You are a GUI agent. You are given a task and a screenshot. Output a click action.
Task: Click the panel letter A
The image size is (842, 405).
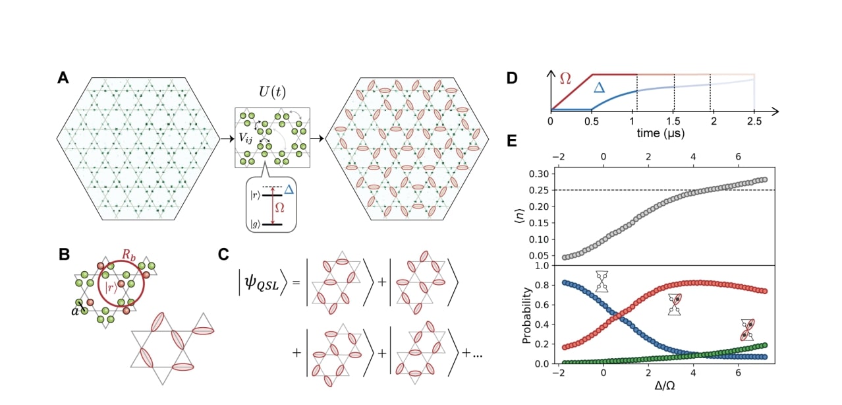tap(63, 78)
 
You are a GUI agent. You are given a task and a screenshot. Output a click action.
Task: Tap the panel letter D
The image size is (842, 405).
tap(512, 78)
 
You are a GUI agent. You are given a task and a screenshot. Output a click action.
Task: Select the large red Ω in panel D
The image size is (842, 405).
tap(565, 78)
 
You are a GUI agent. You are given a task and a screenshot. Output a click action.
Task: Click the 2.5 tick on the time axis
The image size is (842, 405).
tap(754, 122)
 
